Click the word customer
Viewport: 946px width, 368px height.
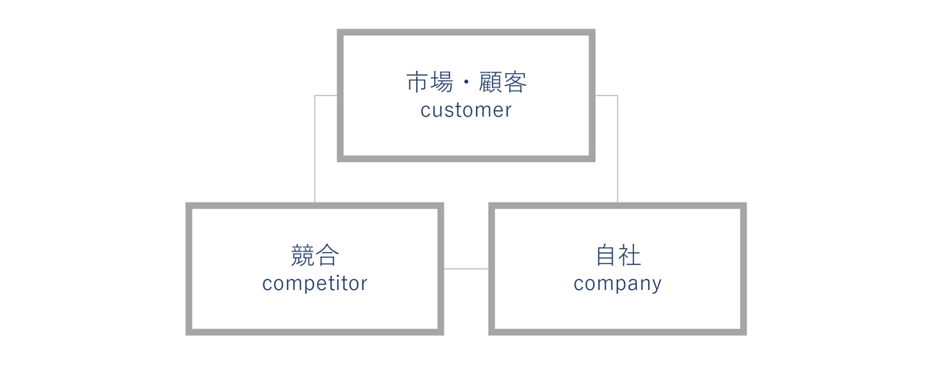pyautogui.click(x=466, y=110)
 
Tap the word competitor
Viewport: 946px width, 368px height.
pyautogui.click(x=315, y=283)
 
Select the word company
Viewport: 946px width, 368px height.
pyautogui.click(x=617, y=284)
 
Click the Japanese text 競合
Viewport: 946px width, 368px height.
pyautogui.click(x=315, y=255)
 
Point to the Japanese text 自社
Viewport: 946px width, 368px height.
pyautogui.click(x=618, y=255)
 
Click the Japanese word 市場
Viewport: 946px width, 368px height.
pyautogui.click(x=430, y=82)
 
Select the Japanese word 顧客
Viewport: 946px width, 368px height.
pyautogui.click(x=503, y=82)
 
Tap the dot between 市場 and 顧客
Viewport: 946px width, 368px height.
pyautogui.click(x=466, y=82)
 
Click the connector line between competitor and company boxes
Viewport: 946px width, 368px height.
pyautogui.click(x=466, y=269)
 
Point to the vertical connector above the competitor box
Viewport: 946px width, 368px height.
pyautogui.click(x=315, y=149)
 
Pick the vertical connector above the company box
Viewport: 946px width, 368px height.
pyautogui.click(x=617, y=149)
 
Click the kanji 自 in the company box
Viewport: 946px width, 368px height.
pyautogui.click(x=605, y=255)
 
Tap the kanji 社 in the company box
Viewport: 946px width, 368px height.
pyautogui.click(x=630, y=255)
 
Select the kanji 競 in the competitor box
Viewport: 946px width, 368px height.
pyautogui.click(x=303, y=255)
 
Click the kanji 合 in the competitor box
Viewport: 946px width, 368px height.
pyautogui.click(x=327, y=255)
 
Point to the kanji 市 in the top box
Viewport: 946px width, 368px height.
pyautogui.click(x=418, y=82)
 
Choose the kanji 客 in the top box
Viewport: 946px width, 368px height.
pyautogui.click(x=516, y=82)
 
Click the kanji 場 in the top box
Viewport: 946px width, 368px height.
pyautogui.click(x=441, y=82)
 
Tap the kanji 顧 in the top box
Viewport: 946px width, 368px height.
pyautogui.click(x=490, y=82)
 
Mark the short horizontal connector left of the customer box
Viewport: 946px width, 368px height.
pyautogui.click(x=326, y=95)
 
